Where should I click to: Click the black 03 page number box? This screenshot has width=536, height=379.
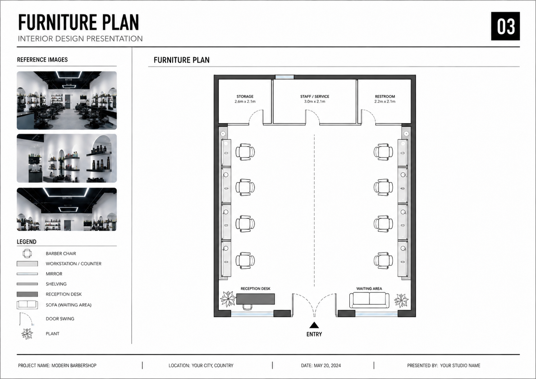click(x=505, y=26)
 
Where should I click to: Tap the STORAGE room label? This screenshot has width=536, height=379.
click(x=245, y=96)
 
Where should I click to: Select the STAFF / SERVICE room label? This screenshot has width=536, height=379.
click(x=315, y=96)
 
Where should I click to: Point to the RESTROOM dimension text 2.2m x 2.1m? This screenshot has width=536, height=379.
click(x=385, y=101)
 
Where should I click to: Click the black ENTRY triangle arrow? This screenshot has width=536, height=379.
click(x=314, y=325)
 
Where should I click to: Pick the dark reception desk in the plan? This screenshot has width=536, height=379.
click(x=255, y=299)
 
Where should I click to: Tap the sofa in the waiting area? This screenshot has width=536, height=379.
click(x=369, y=300)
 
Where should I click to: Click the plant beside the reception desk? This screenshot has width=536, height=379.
click(x=228, y=299)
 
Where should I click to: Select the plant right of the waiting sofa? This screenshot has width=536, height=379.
click(x=401, y=300)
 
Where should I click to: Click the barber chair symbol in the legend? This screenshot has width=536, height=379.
click(x=27, y=254)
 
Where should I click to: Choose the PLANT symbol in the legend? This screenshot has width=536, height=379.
click(x=27, y=334)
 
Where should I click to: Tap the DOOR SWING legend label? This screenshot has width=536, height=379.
click(x=60, y=319)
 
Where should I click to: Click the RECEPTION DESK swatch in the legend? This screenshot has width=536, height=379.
click(x=27, y=294)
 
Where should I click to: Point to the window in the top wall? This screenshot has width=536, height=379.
click(x=284, y=77)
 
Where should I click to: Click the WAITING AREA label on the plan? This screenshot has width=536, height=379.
click(x=369, y=288)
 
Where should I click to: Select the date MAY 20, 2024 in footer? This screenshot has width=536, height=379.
click(x=327, y=365)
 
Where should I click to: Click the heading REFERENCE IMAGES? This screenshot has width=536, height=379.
click(x=42, y=60)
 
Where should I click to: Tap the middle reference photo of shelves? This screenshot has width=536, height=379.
click(x=67, y=158)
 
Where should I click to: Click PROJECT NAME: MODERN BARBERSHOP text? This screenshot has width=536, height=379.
click(x=57, y=365)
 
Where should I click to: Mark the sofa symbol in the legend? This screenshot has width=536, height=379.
click(x=27, y=305)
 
